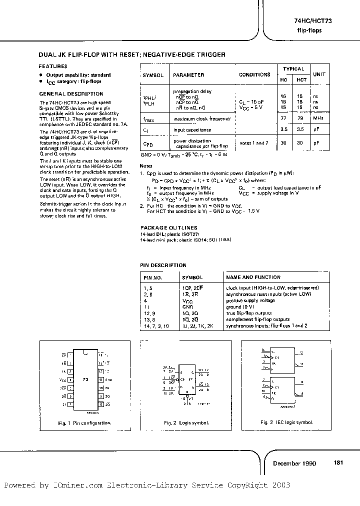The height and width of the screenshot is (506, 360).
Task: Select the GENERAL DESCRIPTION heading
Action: tap(71, 93)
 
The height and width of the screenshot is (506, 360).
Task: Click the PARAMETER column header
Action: tap(188, 75)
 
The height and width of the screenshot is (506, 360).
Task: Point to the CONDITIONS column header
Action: tap(254, 74)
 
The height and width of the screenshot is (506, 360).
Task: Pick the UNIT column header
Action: tap(319, 74)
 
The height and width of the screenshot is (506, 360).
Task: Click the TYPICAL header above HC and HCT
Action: tap(293, 69)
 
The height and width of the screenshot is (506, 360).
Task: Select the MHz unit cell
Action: tap(319, 118)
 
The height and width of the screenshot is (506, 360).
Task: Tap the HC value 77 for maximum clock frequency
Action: tap(283, 118)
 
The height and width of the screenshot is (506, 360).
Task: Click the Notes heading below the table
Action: tap(146, 165)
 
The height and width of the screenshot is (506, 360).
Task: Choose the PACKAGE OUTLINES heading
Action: tap(168, 227)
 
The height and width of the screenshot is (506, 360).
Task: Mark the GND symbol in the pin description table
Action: tap(187, 306)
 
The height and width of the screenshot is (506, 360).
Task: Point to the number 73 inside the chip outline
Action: tap(85, 379)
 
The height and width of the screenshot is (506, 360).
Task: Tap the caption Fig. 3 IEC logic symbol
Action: tap(286, 422)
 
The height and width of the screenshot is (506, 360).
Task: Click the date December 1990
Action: tap(294, 463)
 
